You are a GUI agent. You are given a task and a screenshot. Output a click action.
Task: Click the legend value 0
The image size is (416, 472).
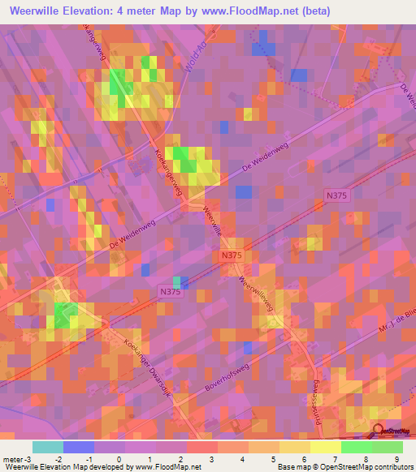[x=119, y=458]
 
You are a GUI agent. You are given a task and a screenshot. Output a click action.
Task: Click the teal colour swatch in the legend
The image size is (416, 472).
[x=47, y=447]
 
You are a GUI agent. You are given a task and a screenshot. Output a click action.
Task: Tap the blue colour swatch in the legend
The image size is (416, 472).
[x=77, y=447]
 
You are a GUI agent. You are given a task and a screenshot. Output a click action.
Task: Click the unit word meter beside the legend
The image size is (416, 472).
[x=14, y=458]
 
